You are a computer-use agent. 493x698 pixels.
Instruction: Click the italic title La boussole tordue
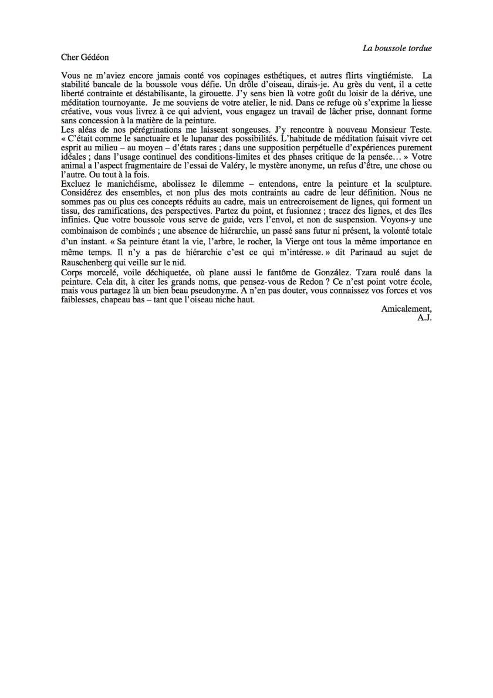click(x=397, y=48)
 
